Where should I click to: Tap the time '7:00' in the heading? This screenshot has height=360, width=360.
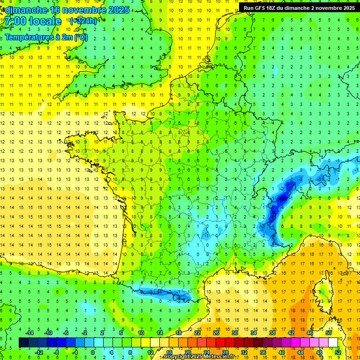tap(16, 21)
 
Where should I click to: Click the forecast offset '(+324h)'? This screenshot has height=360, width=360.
tap(83, 21)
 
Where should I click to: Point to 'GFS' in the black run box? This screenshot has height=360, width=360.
tap(260, 7)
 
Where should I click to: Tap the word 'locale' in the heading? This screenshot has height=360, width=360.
tap(45, 21)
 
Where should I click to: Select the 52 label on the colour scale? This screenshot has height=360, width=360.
tap(338, 352)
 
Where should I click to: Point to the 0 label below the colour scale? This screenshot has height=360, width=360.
tap(93, 352)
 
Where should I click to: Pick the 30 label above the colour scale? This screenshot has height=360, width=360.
tap(235, 332)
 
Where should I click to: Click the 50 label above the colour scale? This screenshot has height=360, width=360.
tap(329, 332)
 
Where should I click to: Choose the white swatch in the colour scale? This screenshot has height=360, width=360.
tap(333, 343)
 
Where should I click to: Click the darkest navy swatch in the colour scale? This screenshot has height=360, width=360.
tap(23, 343)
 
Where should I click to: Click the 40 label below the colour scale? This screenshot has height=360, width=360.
tap(282, 352)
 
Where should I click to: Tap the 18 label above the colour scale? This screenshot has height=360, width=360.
tap(179, 332)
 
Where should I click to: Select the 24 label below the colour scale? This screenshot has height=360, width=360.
tap(207, 352)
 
